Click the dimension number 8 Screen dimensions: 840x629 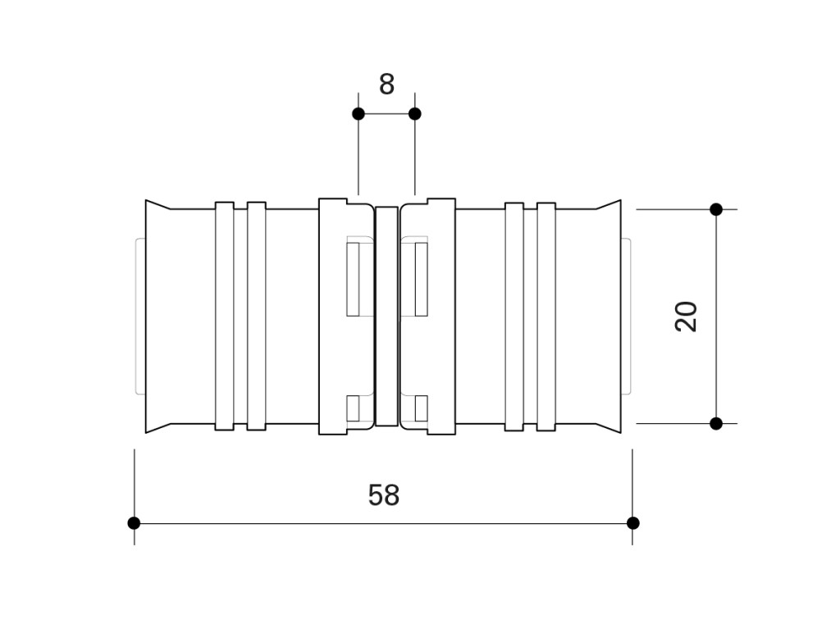pyautogui.click(x=386, y=84)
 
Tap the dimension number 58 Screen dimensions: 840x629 pyautogui.click(x=384, y=495)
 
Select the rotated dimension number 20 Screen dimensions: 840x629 pyautogui.click(x=687, y=317)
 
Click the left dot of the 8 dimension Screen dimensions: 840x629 pyautogui.click(x=358, y=114)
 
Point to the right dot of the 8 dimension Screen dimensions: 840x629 pyautogui.click(x=414, y=114)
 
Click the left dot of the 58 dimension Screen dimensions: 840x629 pyautogui.click(x=134, y=523)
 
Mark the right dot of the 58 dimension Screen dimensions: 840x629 pyautogui.click(x=632, y=523)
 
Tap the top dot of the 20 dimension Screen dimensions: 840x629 pyautogui.click(x=716, y=209)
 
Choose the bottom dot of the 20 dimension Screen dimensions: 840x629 pyautogui.click(x=716, y=424)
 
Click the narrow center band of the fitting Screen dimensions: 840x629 pyautogui.click(x=386, y=316)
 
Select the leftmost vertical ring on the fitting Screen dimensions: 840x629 pyautogui.click(x=225, y=316)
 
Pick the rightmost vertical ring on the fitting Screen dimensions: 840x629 pyautogui.click(x=546, y=317)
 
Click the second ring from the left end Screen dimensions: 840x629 pyautogui.click(x=257, y=316)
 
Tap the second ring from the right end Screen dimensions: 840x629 pyautogui.click(x=514, y=317)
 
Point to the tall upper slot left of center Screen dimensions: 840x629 pyautogui.click(x=353, y=279)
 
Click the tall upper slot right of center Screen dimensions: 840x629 pyautogui.click(x=421, y=279)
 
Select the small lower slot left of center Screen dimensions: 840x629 pyautogui.click(x=353, y=408)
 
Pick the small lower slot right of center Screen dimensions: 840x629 pyautogui.click(x=421, y=408)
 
